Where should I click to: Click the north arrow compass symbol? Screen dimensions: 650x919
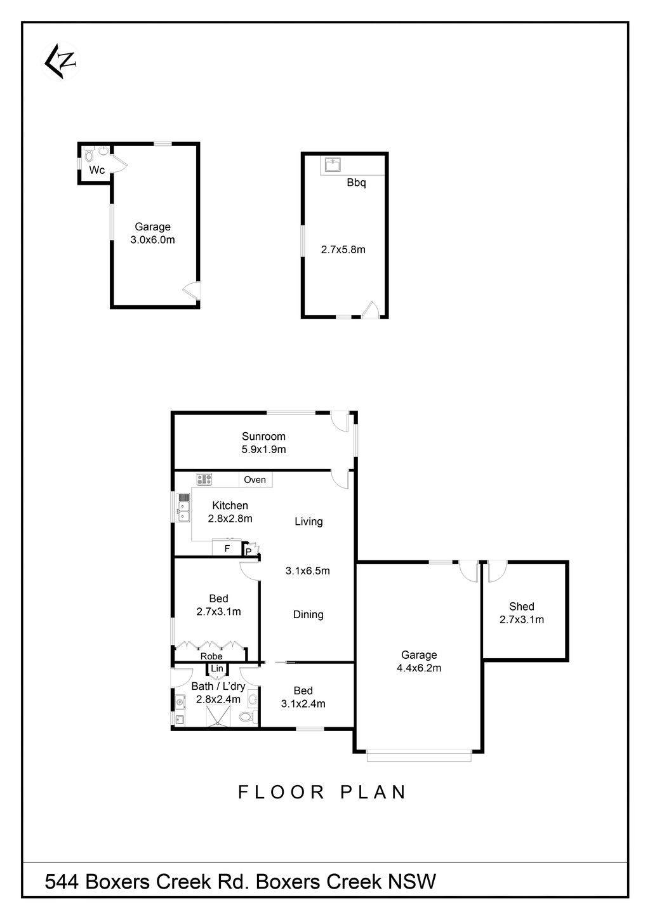(x=61, y=62)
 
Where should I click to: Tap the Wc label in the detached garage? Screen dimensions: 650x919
(x=97, y=170)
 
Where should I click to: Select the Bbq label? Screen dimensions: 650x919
(x=356, y=183)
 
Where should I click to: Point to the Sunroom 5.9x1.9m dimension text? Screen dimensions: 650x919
(x=263, y=449)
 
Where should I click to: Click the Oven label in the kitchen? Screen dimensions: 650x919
(x=255, y=480)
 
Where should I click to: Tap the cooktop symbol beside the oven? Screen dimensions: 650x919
(x=204, y=479)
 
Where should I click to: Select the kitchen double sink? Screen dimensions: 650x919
(x=183, y=508)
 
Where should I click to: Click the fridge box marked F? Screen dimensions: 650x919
(x=227, y=548)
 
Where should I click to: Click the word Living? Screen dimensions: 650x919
(x=308, y=522)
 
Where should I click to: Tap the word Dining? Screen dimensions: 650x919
(x=308, y=614)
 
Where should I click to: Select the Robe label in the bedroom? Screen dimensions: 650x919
(x=211, y=656)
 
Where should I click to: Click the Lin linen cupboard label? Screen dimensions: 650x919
(x=217, y=668)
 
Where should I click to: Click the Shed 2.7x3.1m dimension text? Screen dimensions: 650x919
(x=522, y=619)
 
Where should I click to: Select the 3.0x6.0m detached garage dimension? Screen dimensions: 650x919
(x=152, y=240)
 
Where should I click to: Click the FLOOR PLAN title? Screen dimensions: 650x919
(x=322, y=792)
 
